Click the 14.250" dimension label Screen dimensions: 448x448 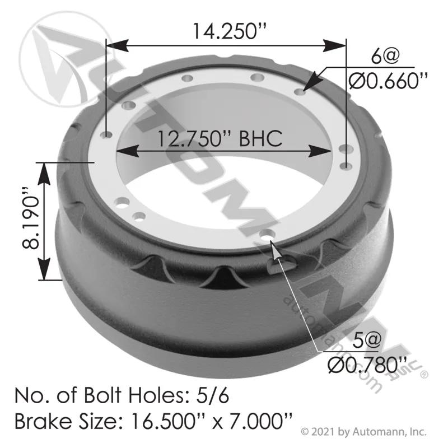pyautogui.click(x=230, y=31)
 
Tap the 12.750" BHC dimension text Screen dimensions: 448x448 pyautogui.click(x=220, y=139)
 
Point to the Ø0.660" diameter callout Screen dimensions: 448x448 pyautogui.click(x=388, y=81)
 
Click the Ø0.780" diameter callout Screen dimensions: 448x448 pyautogui.click(x=367, y=366)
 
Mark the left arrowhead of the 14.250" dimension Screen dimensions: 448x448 pyautogui.click(x=116, y=46)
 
